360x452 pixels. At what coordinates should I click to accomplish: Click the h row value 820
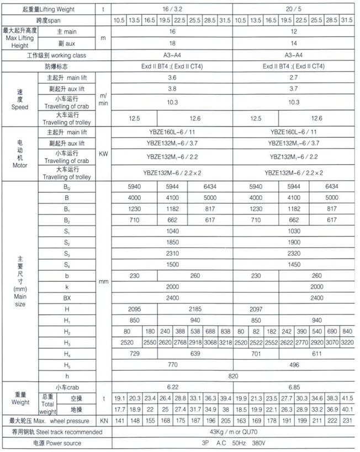(232, 376)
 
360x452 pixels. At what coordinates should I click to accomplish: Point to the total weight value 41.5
(346, 398)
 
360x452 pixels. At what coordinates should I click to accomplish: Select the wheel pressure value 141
(119, 421)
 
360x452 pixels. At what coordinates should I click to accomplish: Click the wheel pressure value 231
(346, 421)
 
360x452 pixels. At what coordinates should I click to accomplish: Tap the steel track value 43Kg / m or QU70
(232, 432)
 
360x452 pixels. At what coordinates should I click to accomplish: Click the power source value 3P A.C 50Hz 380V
(232, 443)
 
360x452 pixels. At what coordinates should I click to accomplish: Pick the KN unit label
(103, 421)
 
